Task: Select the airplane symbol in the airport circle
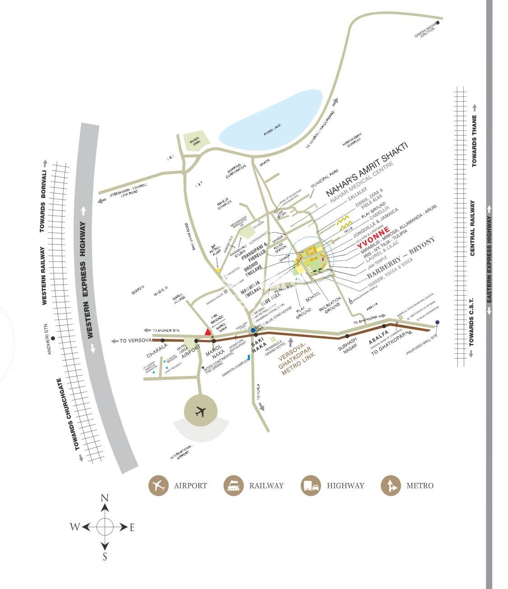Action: point(200,412)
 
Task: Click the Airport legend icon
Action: point(158,486)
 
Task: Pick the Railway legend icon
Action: point(233,486)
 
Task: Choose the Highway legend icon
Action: point(311,486)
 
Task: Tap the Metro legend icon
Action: point(391,486)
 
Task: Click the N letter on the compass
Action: point(105,498)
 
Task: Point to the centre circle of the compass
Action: point(105,526)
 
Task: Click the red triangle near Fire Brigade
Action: point(208,332)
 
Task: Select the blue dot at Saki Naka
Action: point(252,330)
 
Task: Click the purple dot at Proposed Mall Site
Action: point(437,322)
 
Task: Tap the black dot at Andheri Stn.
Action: point(53,338)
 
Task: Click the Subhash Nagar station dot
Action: point(347,335)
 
